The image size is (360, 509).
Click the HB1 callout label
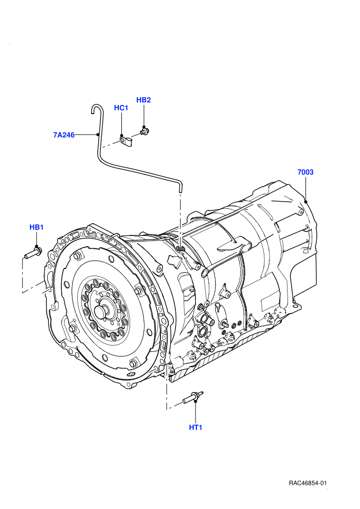(37, 227)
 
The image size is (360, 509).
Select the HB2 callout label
(143, 100)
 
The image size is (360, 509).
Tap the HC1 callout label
(121, 108)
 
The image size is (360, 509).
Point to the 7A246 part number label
(64, 135)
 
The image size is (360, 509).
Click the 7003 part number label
(305, 172)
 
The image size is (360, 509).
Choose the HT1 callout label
(195, 428)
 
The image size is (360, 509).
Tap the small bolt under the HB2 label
(145, 131)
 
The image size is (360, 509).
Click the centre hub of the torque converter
(102, 312)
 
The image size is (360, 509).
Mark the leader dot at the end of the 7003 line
(306, 202)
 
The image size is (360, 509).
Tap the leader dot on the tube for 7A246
(97, 134)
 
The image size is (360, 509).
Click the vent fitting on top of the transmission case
(181, 249)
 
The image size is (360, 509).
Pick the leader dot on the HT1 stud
(195, 401)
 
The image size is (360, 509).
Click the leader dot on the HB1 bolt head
(37, 246)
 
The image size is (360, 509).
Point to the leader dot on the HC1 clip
(122, 136)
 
